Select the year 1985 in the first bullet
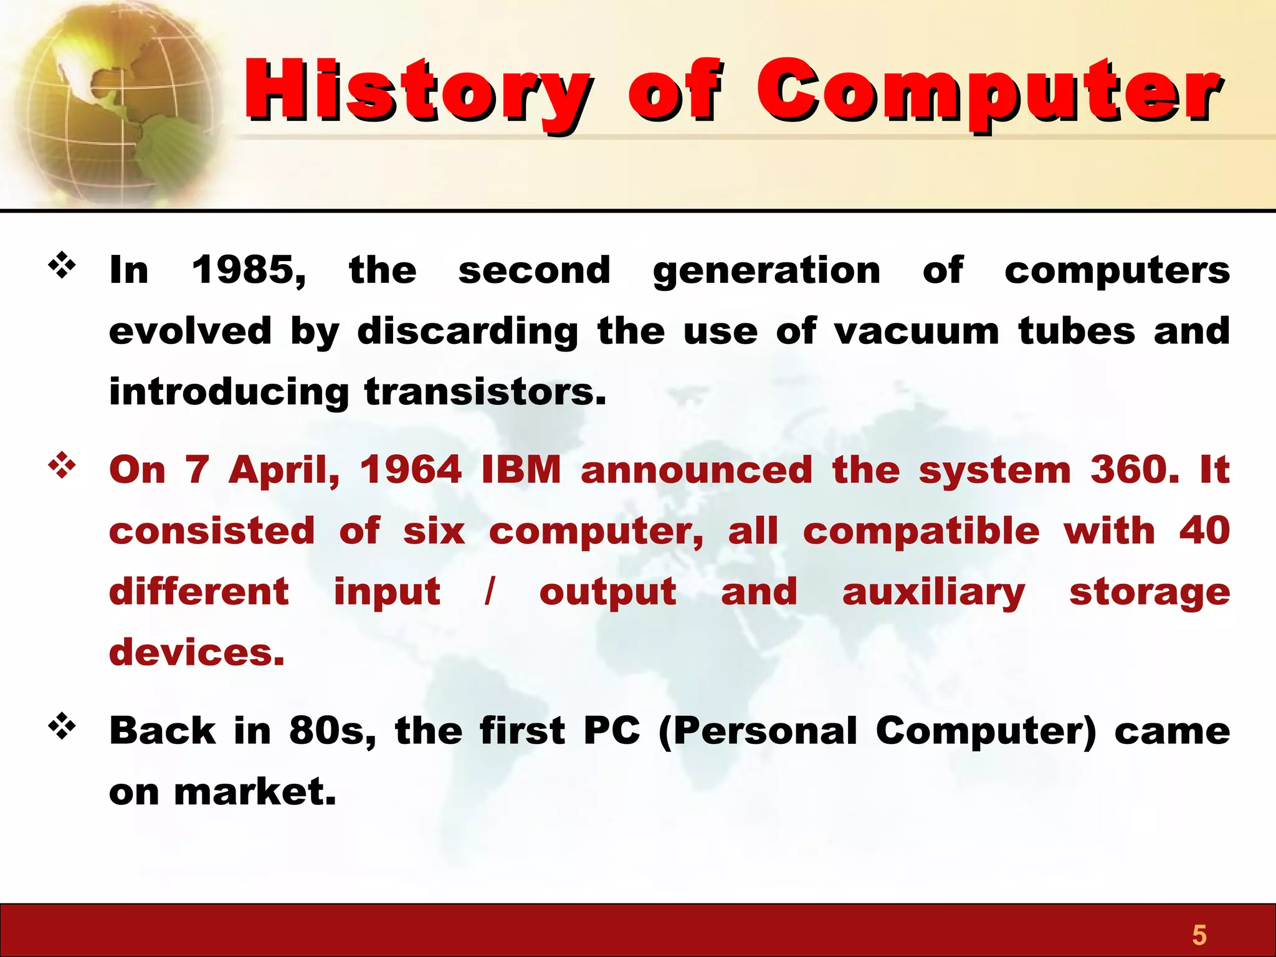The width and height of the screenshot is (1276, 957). [x=248, y=270]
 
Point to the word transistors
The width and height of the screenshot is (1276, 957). [x=485, y=392]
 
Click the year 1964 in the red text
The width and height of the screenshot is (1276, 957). [x=411, y=470]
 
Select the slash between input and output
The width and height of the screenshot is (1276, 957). [x=490, y=591]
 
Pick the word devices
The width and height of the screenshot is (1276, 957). [x=196, y=652]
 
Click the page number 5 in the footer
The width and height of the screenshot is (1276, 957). [x=1199, y=935]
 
